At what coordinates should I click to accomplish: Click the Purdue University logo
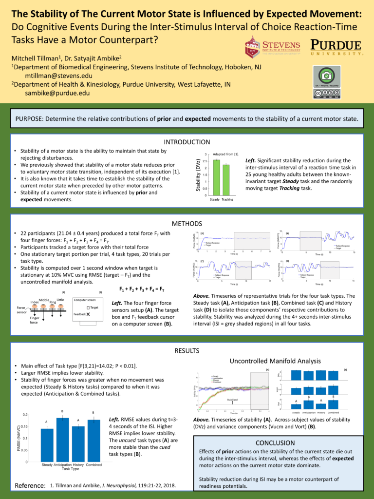click(x=336, y=48)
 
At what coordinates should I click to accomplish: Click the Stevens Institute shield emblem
click(x=252, y=47)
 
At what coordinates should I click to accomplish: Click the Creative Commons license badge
click(x=326, y=94)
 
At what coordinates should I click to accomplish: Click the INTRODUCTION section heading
click(x=187, y=142)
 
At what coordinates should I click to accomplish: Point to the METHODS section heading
click(x=187, y=223)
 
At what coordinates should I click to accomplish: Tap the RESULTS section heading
click(x=187, y=350)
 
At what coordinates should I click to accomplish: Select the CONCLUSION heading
click(x=275, y=443)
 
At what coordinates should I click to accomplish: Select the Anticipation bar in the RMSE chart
click(x=63, y=440)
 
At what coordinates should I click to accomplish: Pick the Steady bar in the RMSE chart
click(x=47, y=445)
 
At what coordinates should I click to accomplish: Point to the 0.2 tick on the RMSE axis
click(x=31, y=415)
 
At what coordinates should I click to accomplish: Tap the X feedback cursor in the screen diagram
click(x=88, y=315)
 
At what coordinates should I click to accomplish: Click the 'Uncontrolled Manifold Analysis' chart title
click(x=275, y=361)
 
